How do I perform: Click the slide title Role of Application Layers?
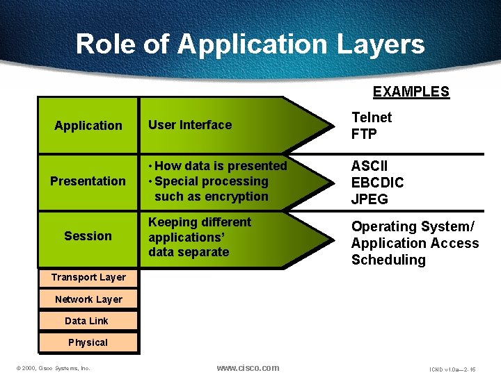tap(250, 44)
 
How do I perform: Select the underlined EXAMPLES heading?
tap(411, 92)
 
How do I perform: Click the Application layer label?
tap(88, 126)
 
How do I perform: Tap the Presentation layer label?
tap(88, 181)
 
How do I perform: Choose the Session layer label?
tap(88, 236)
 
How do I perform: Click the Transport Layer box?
tap(88, 277)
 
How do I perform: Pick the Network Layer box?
tap(88, 299)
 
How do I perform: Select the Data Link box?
tap(86, 321)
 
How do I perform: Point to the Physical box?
tap(88, 342)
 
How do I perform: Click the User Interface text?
tap(190, 125)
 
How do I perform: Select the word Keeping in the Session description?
tap(173, 222)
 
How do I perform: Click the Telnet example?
tap(372, 117)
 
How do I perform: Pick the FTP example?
tap(364, 134)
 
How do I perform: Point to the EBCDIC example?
tap(377, 183)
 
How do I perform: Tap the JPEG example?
tap(369, 199)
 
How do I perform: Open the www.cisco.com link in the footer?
tap(248, 367)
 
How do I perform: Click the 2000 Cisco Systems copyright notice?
tap(53, 368)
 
